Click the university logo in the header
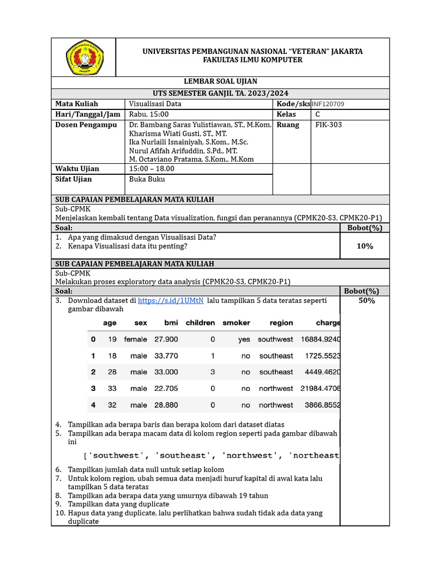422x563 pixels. pos(84,57)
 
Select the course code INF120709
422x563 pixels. pos(328,104)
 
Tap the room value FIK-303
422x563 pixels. pos(329,125)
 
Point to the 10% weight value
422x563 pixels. pos(364,246)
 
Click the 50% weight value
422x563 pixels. pos(367,301)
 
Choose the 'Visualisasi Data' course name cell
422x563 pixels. pos(155,103)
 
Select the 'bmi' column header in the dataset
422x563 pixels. pos(171,323)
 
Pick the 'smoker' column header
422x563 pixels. pos(236,323)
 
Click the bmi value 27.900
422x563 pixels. pos(166,339)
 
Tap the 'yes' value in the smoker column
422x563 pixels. pos(244,339)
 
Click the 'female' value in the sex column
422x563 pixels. pos(136,339)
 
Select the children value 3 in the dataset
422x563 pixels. pos(213,372)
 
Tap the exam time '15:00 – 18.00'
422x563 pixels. pos(152,168)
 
